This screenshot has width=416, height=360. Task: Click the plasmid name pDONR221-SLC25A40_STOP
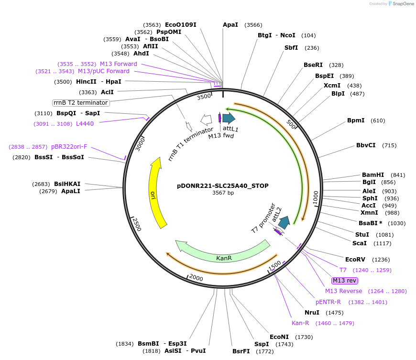223,185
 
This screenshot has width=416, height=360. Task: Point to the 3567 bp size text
223,193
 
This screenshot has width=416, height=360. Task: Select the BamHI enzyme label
373,175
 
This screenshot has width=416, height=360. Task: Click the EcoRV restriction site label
355,260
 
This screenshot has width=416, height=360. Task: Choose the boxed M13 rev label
345,281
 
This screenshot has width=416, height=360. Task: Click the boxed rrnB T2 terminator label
81,103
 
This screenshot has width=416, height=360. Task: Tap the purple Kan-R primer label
300,323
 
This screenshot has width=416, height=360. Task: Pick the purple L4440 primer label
85,124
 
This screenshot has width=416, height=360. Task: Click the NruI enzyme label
312,313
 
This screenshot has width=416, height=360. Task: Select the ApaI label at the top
230,25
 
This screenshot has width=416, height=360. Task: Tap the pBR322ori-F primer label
69,147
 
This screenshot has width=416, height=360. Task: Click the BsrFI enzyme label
241,351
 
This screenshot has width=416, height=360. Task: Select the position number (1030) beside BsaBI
397,223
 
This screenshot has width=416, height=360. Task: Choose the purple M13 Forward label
118,64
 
